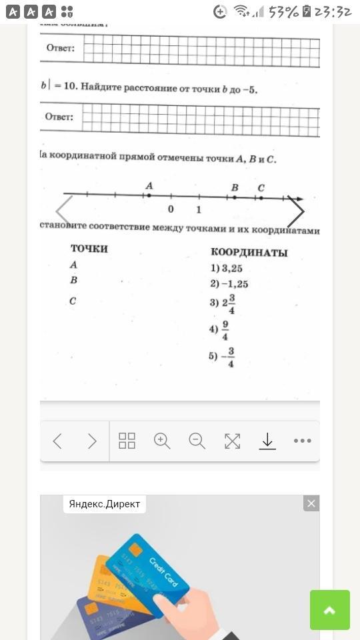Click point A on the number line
pyautogui.click(x=149, y=195)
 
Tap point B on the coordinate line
pyautogui.click(x=235, y=197)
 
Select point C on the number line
pyautogui.click(x=261, y=197)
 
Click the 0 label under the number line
pyautogui.click(x=171, y=209)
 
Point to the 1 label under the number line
pyautogui.click(x=199, y=210)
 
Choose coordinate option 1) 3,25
pyautogui.click(x=227, y=269)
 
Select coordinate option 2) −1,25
pyautogui.click(x=229, y=284)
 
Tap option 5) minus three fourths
pyautogui.click(x=222, y=357)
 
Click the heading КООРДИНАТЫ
pyautogui.click(x=249, y=253)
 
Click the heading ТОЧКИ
pyautogui.click(x=89, y=249)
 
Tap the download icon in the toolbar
pyautogui.click(x=267, y=441)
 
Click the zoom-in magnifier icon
pyautogui.click(x=162, y=441)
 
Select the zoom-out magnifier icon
pyautogui.click(x=197, y=441)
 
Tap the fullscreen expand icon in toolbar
pyautogui.click(x=232, y=441)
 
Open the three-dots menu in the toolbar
pyautogui.click(x=302, y=441)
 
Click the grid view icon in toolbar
pyautogui.click(x=127, y=441)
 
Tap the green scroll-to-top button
pyautogui.click(x=330, y=609)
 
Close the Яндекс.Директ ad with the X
pyautogui.click(x=311, y=503)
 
